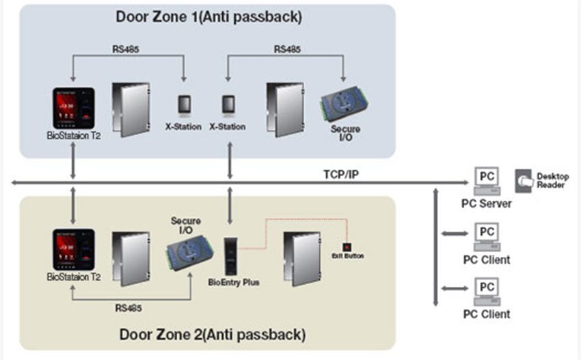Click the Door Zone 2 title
point(212,335)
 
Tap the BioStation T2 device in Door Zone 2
point(73,249)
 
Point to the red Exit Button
point(347,246)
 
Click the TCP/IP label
point(341,174)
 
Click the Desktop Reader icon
point(525,179)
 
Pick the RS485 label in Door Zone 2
point(129,308)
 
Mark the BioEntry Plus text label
point(233,281)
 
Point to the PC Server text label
point(487,204)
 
